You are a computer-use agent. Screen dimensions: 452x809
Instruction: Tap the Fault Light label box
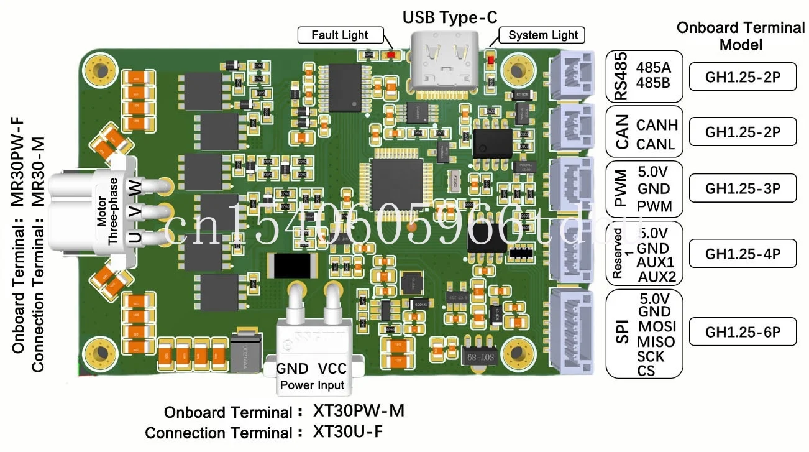(340, 35)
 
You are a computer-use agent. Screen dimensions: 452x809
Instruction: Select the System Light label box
(542, 35)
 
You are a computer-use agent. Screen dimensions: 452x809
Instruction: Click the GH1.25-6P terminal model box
(743, 333)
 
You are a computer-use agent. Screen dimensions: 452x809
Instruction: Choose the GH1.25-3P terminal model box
(743, 188)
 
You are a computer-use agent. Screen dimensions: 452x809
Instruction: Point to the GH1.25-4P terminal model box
(743, 254)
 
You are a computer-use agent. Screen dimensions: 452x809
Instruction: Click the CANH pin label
(657, 125)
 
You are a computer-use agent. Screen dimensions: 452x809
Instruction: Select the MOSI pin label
(657, 326)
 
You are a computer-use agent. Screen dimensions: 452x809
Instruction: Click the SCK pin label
(651, 357)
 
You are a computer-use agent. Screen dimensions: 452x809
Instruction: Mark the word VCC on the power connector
(332, 369)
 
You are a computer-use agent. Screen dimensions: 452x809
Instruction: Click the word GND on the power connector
(292, 369)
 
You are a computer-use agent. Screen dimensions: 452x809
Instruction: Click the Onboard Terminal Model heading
(740, 36)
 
